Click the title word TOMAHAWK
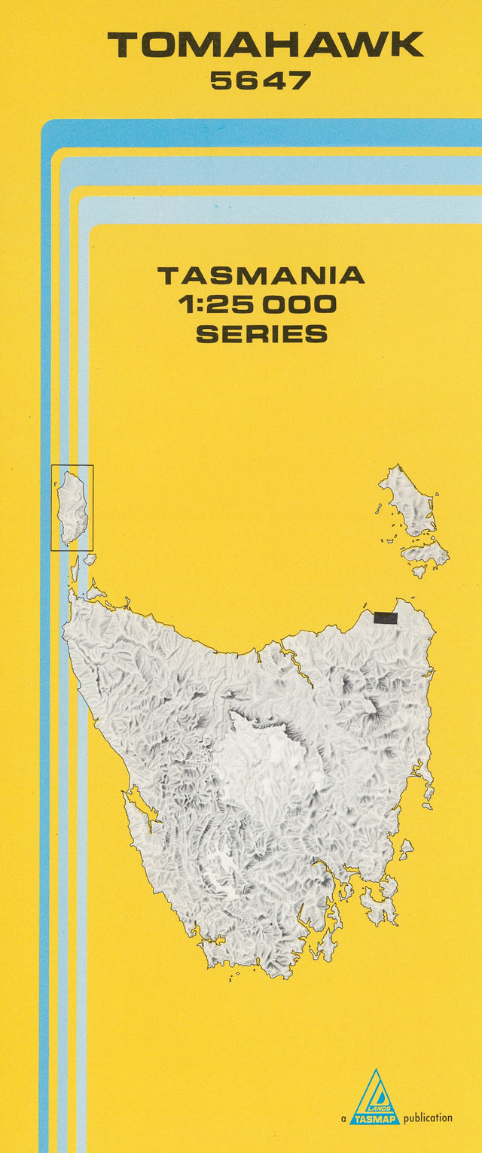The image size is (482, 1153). click(x=265, y=46)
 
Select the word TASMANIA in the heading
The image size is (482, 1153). click(x=261, y=275)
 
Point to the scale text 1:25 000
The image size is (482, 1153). click(x=258, y=305)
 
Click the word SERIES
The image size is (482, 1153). click(x=261, y=333)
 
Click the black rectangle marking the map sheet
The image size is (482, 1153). click(x=385, y=618)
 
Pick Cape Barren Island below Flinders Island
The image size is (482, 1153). click(x=427, y=553)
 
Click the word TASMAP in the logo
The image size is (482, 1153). click(x=375, y=1118)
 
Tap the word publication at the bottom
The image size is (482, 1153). click(x=428, y=1118)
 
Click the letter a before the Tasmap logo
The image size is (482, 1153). click(x=343, y=1119)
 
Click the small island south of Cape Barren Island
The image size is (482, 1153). click(x=419, y=571)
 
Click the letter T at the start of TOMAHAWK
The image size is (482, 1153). click(x=123, y=46)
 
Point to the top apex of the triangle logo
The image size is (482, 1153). click(x=375, y=1070)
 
